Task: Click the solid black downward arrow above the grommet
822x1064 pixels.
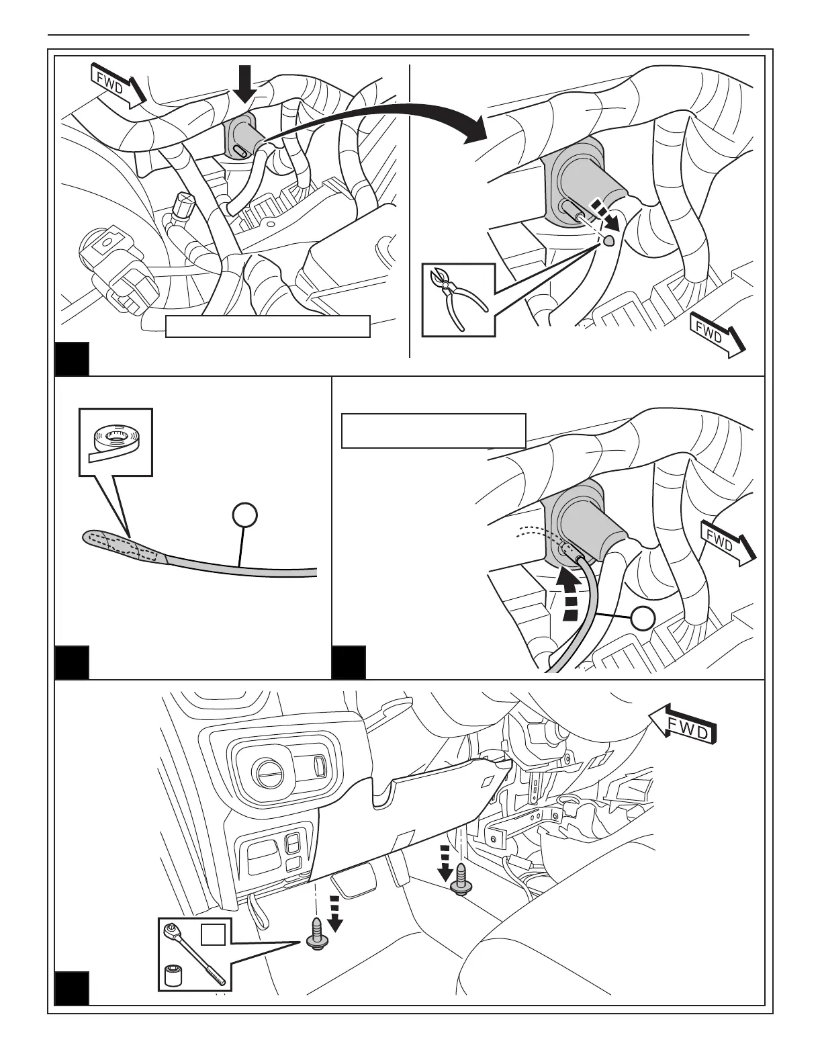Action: click(246, 83)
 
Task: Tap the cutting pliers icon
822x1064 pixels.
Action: click(458, 299)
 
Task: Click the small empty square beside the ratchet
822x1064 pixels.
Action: click(212, 934)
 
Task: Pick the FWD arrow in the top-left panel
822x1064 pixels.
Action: click(118, 85)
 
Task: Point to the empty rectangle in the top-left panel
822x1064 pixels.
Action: click(268, 326)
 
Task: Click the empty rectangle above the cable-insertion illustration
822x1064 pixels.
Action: click(433, 431)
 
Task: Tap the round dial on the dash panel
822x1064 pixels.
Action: click(268, 776)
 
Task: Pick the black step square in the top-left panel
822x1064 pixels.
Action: click(71, 359)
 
